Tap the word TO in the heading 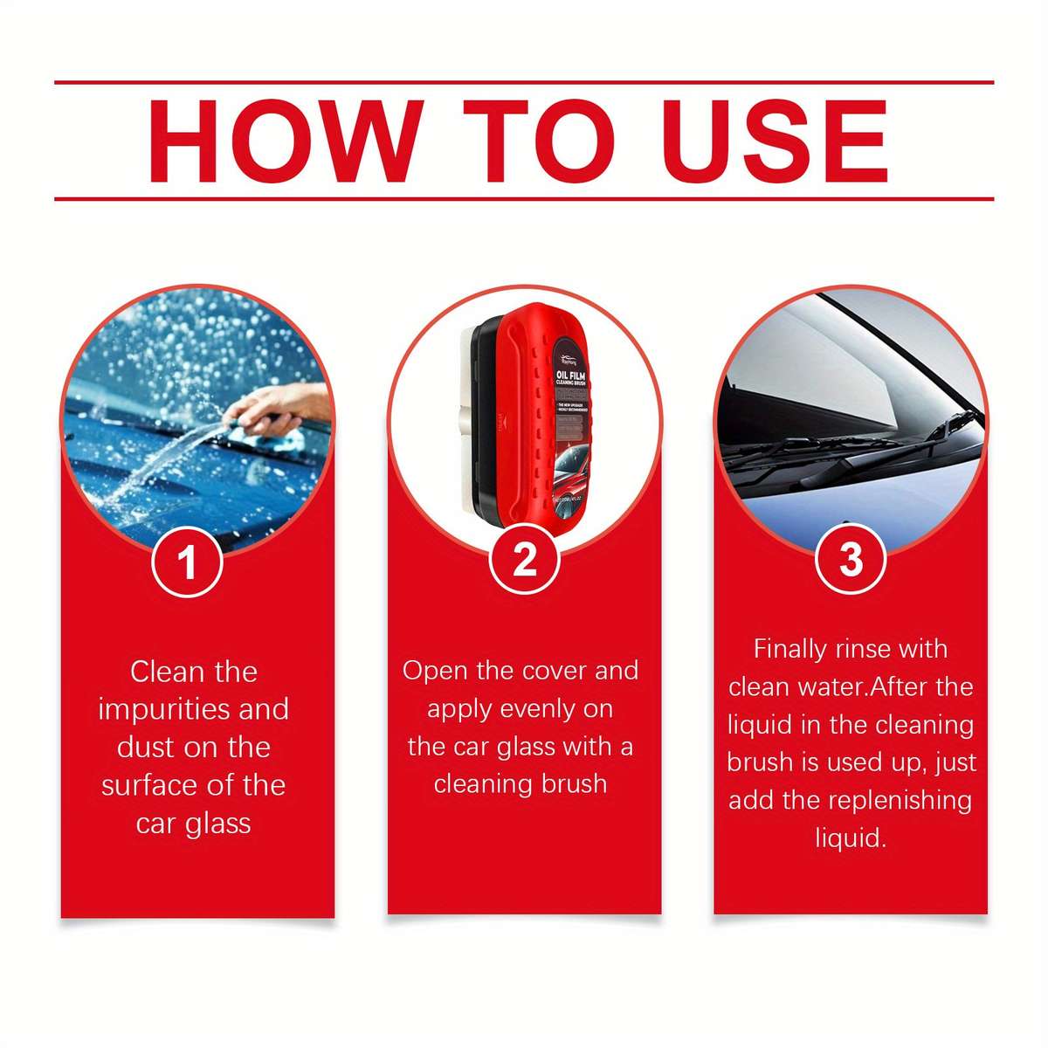(539, 142)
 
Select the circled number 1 (187, 562)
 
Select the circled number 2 (524, 559)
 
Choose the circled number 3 (850, 558)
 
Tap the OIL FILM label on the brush (576, 376)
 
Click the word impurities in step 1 (163, 709)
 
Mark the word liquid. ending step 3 (851, 838)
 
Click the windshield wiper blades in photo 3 (838, 454)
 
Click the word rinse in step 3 (864, 649)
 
